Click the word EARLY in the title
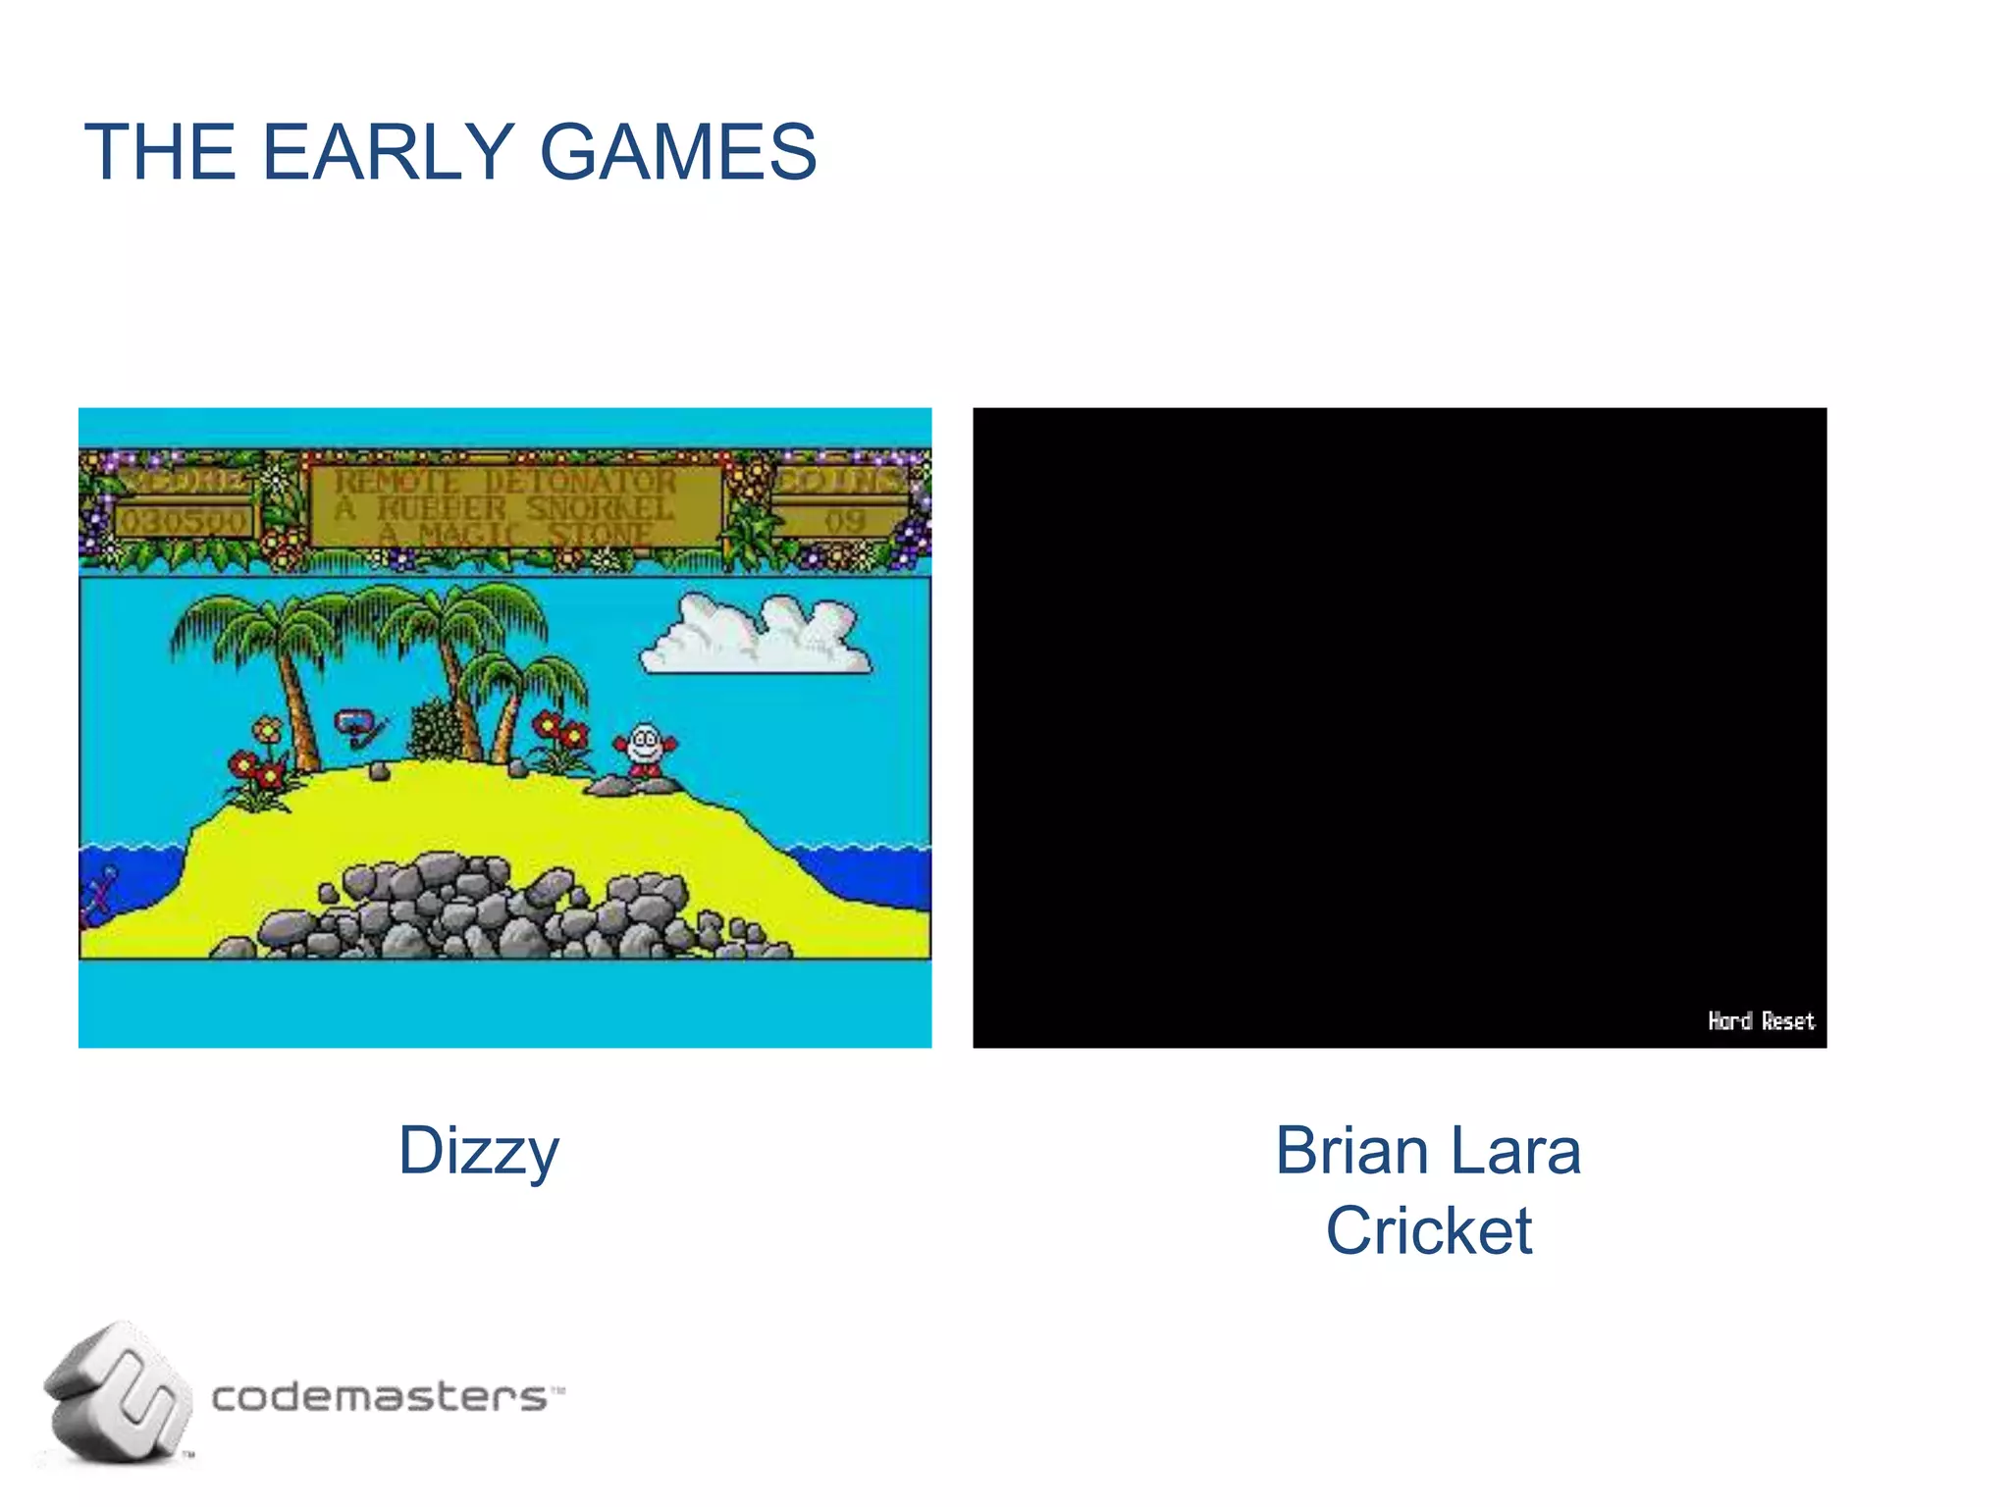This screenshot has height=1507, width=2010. [x=388, y=152]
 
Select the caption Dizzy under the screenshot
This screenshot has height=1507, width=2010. [x=478, y=1152]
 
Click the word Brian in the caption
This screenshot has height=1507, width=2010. [x=1350, y=1150]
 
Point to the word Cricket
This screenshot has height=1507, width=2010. [x=1428, y=1230]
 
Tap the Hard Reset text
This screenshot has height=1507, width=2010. [x=1761, y=1021]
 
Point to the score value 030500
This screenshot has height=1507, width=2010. [x=184, y=521]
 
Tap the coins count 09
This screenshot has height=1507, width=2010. [x=844, y=521]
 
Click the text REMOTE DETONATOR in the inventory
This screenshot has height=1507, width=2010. [x=505, y=482]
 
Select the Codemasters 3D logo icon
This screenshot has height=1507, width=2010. [x=118, y=1393]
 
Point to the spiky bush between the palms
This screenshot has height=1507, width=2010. [x=433, y=731]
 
